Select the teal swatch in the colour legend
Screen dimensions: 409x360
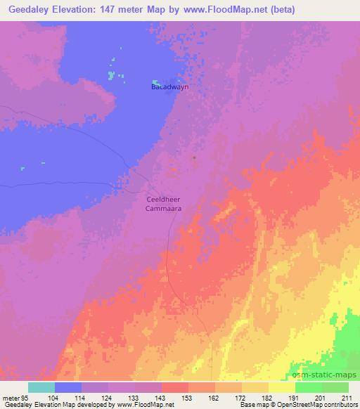tap(41, 387)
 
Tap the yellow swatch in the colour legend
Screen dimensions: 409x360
tap(282, 387)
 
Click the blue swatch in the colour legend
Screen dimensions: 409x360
tap(68, 387)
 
